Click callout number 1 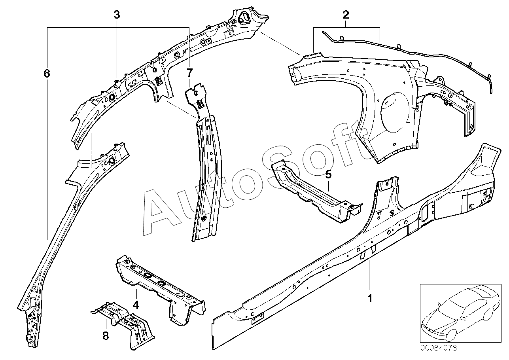370,298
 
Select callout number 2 346,15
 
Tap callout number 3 117,15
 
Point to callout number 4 136,305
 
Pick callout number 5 328,174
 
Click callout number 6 47,73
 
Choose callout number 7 189,73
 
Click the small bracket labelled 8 127,324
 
